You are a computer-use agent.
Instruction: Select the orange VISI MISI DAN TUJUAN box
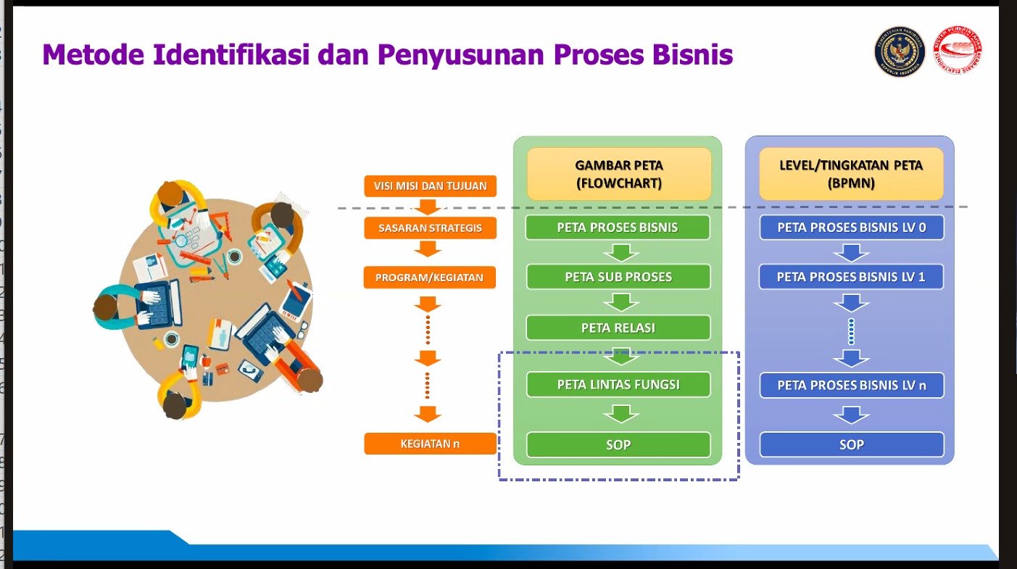point(430,186)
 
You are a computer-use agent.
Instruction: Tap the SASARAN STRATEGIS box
point(430,228)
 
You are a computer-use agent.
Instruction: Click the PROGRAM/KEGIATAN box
point(430,277)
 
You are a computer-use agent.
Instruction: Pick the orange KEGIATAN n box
point(430,444)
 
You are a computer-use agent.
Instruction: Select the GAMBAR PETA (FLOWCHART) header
point(618,175)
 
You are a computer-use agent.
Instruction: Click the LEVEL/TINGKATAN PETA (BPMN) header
point(851,175)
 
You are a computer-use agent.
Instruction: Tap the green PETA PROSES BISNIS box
point(618,228)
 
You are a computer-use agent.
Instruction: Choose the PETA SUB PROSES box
point(618,277)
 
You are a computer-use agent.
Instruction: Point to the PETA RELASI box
point(618,328)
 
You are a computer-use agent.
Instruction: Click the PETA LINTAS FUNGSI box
point(618,384)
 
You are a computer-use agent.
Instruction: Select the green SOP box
point(618,444)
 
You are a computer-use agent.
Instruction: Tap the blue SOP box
point(851,444)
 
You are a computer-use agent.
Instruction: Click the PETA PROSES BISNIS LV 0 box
point(851,228)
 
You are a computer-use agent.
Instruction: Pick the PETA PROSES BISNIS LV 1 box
point(851,277)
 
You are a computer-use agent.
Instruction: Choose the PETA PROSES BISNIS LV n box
point(851,385)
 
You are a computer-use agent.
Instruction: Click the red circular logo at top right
point(958,52)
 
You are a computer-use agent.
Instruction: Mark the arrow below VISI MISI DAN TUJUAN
point(428,206)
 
